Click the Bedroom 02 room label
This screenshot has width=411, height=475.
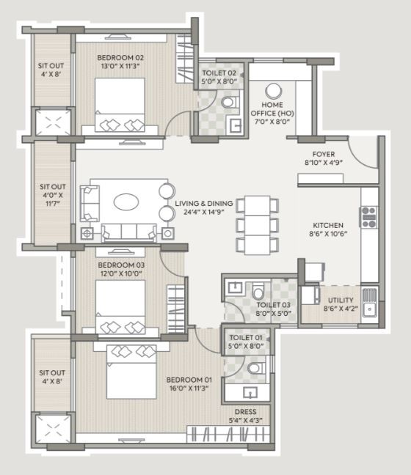coord(120,58)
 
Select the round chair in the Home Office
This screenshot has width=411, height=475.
coord(274,91)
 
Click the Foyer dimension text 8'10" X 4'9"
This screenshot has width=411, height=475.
coord(324,163)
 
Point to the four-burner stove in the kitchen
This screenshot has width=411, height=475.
coord(369,217)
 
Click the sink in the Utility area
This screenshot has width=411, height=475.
coord(369,303)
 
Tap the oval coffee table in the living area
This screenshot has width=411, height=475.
coord(126,202)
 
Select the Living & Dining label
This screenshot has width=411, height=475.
coord(204,203)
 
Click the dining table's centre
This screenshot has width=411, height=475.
coord(258,225)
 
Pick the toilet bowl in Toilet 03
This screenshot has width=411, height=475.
coord(258,291)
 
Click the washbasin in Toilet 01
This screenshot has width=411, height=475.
coord(250,393)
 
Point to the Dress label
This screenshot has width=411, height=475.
coord(246,412)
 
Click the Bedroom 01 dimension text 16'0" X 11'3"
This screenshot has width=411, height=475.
coord(189,389)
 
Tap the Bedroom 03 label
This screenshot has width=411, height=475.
coord(121,265)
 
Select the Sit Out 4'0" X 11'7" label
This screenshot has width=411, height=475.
coord(52,195)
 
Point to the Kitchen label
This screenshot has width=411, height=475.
coord(328,225)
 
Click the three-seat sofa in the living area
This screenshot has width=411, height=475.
coord(129,232)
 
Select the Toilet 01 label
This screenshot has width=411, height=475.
coord(246,337)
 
